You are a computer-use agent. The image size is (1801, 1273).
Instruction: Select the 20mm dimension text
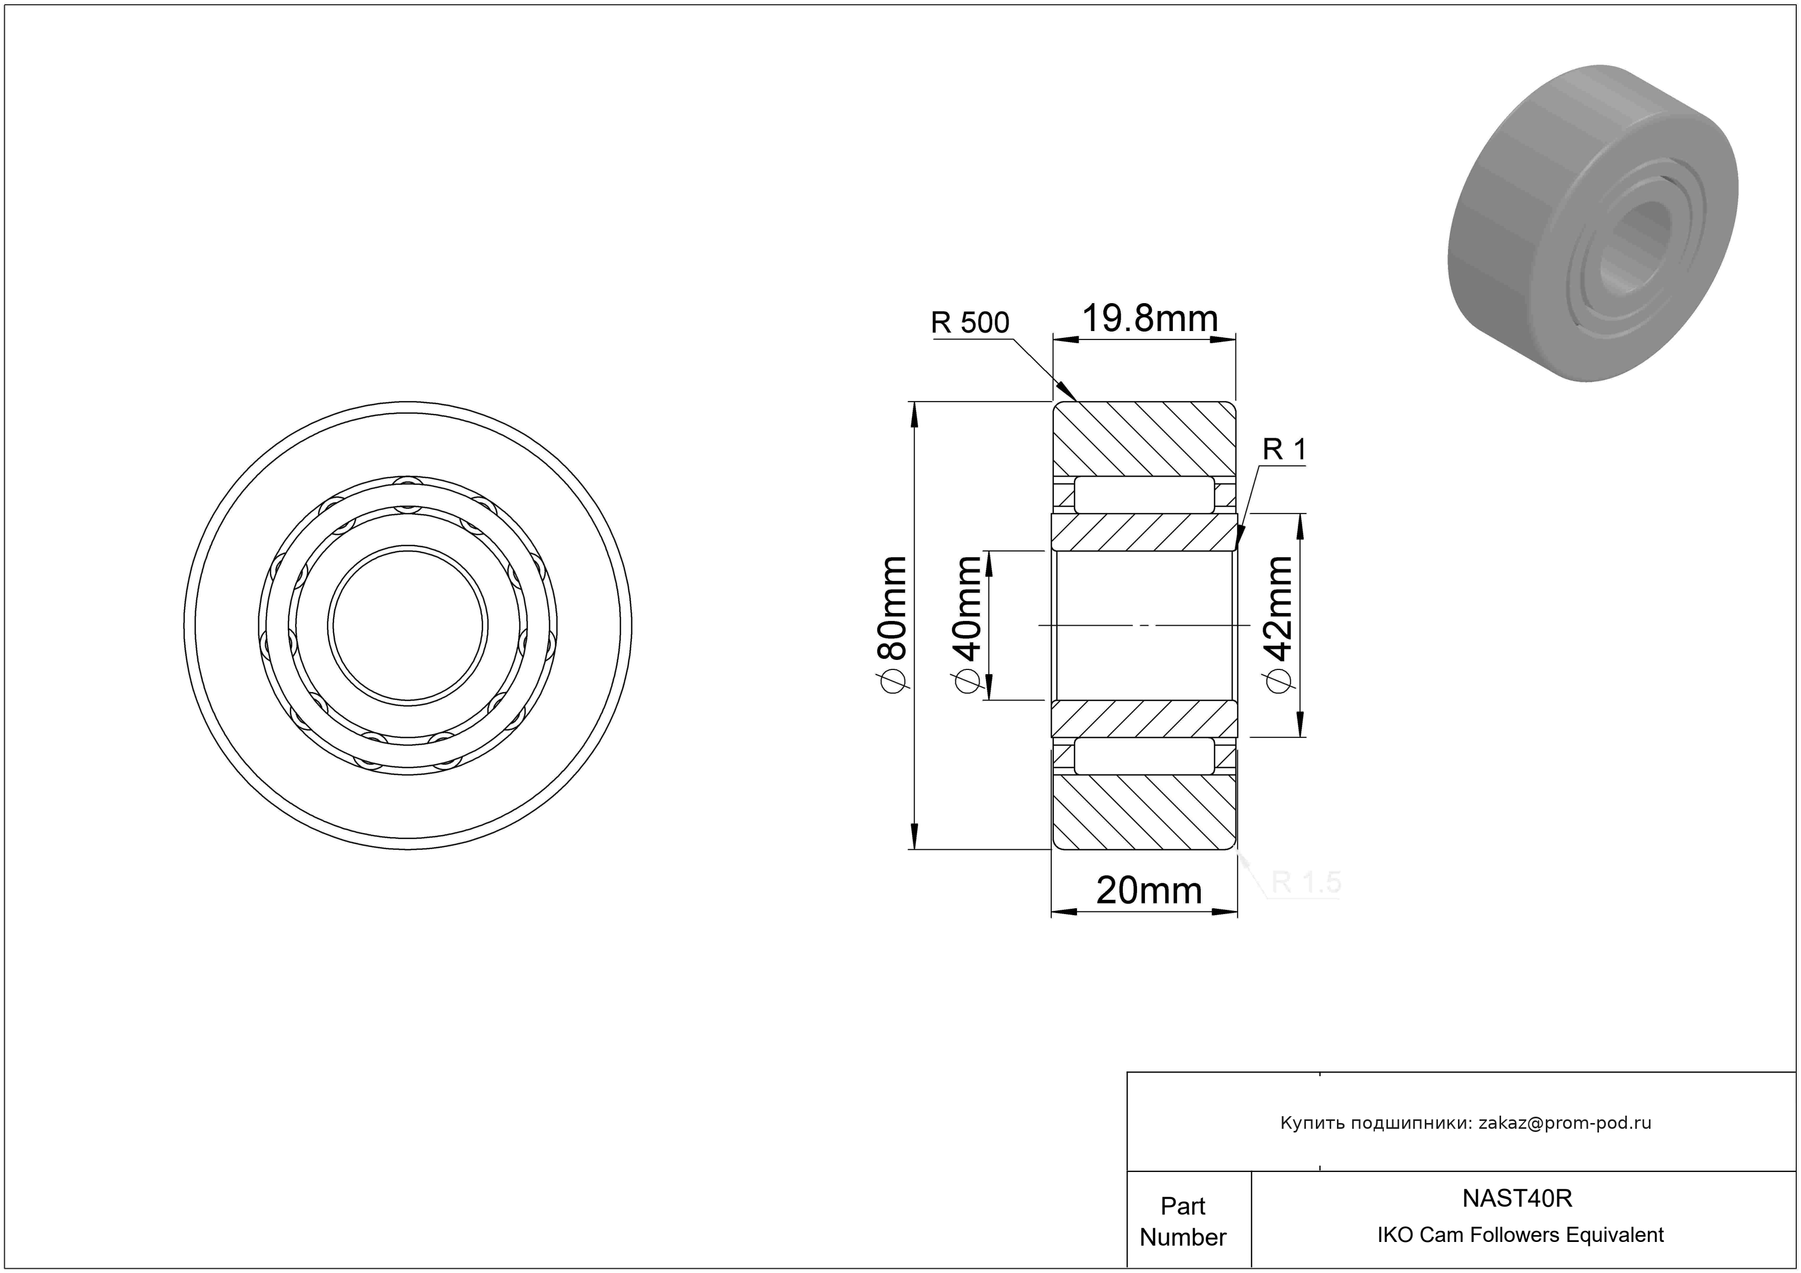click(x=1149, y=891)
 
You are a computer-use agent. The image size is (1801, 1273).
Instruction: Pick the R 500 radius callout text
click(x=970, y=323)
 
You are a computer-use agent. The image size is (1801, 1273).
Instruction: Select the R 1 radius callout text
click(x=1285, y=449)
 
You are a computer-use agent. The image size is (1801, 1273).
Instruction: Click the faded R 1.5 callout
click(x=1306, y=883)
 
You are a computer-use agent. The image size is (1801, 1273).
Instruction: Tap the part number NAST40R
click(x=1517, y=1198)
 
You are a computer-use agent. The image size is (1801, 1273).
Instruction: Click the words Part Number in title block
click(x=1183, y=1221)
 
